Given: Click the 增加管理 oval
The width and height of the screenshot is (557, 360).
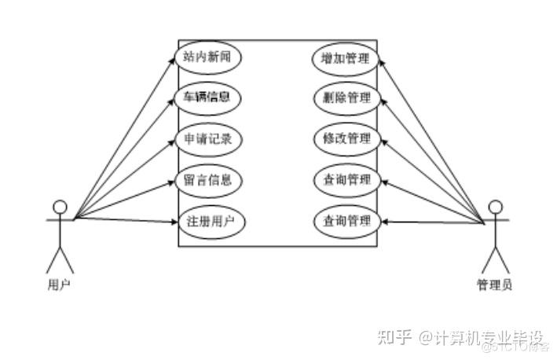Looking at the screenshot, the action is (346, 57).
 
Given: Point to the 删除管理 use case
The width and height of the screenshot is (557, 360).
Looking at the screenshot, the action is (346, 98).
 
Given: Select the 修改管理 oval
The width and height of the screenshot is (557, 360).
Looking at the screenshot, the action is (346, 139).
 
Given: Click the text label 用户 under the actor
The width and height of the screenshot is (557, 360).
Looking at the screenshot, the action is (59, 285).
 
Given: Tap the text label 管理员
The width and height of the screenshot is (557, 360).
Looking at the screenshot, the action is (495, 285).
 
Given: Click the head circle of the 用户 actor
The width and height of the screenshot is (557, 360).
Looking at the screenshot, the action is (60, 208).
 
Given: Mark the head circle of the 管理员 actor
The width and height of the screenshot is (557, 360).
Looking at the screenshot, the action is (495, 208).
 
